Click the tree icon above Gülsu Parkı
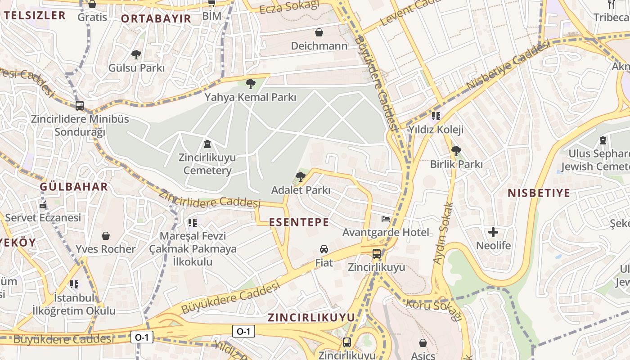click(x=136, y=55)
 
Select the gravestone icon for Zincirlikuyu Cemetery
click(x=207, y=144)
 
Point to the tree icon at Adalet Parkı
click(x=300, y=176)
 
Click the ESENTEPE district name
click(x=299, y=222)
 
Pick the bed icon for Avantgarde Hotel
click(x=386, y=219)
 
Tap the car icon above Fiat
click(x=324, y=249)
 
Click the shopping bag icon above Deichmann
click(x=319, y=32)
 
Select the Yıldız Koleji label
click(x=435, y=130)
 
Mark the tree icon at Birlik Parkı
click(x=456, y=151)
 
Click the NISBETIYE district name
click(x=539, y=193)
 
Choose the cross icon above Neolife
click(x=493, y=232)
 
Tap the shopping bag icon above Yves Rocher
click(x=105, y=235)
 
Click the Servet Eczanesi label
click(x=43, y=218)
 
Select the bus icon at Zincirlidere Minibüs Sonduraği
click(x=80, y=106)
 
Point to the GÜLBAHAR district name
click(x=74, y=187)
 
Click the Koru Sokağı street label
click(x=434, y=310)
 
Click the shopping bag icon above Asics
click(x=423, y=343)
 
